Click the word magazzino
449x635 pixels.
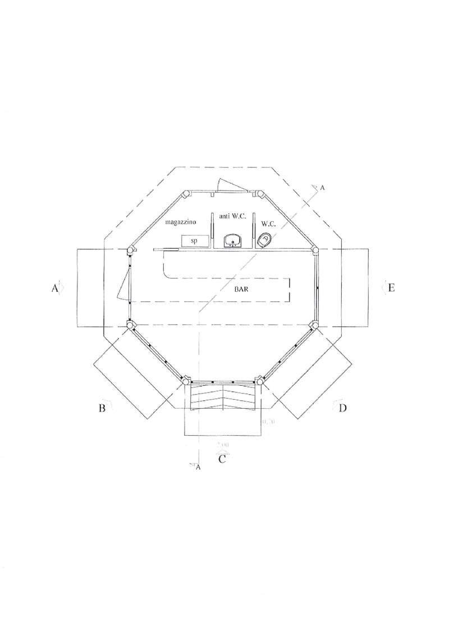click(180, 222)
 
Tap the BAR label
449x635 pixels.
click(242, 290)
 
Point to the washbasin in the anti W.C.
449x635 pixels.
click(232, 241)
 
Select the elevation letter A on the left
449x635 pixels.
click(55, 288)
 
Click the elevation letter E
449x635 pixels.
click(392, 288)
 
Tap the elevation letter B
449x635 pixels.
click(102, 408)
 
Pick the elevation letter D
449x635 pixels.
click(342, 408)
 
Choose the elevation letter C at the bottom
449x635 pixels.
click(222, 459)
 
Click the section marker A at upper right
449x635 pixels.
click(322, 189)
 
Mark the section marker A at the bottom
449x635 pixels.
click(197, 467)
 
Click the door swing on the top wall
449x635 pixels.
click(230, 186)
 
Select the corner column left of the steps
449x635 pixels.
click(187, 381)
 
